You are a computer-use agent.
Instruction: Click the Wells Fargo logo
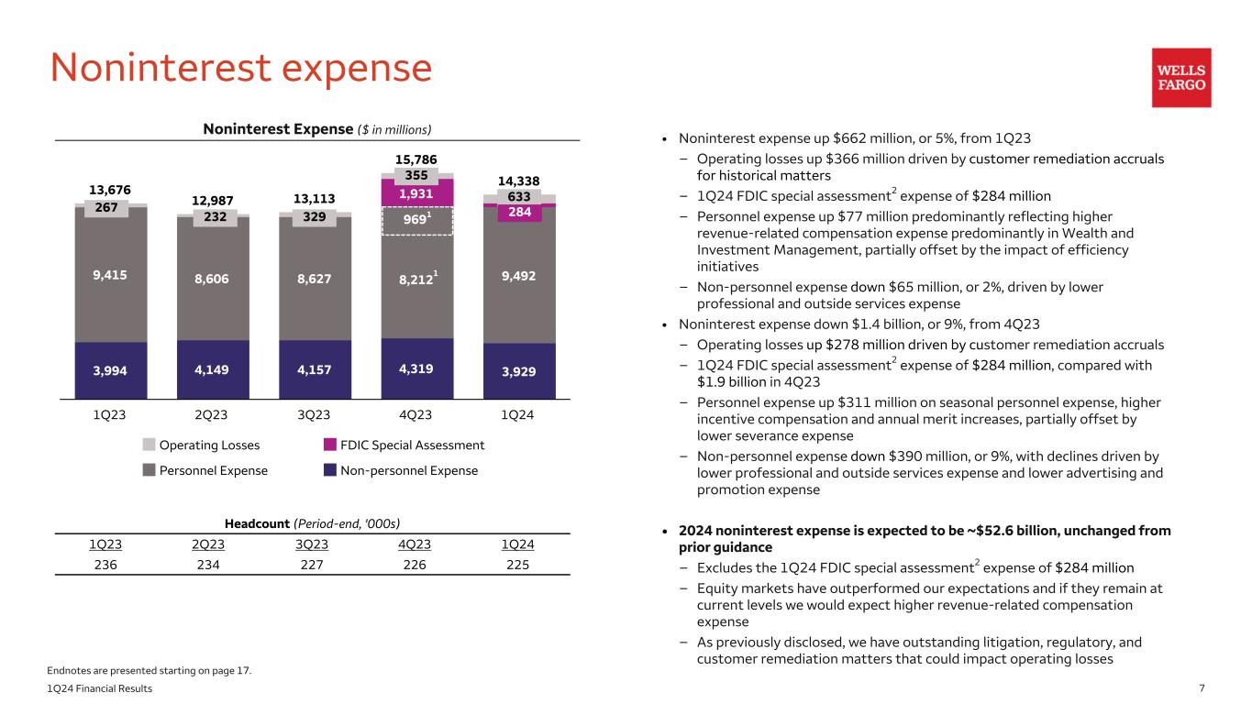point(1181,78)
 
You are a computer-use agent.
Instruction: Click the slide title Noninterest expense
point(240,69)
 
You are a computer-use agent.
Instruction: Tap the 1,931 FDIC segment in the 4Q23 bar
point(416,192)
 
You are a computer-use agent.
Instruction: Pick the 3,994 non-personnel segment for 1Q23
point(110,370)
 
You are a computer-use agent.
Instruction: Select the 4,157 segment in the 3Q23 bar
point(315,370)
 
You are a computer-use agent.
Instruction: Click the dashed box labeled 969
point(416,221)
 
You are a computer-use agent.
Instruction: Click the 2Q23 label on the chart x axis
point(212,414)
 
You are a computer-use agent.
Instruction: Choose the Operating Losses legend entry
point(201,445)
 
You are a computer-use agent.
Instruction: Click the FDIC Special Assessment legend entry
point(404,445)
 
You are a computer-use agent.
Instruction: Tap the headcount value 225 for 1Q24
point(518,565)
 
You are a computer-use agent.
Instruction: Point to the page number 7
point(1202,688)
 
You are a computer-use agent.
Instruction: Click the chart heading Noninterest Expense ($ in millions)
point(316,129)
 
